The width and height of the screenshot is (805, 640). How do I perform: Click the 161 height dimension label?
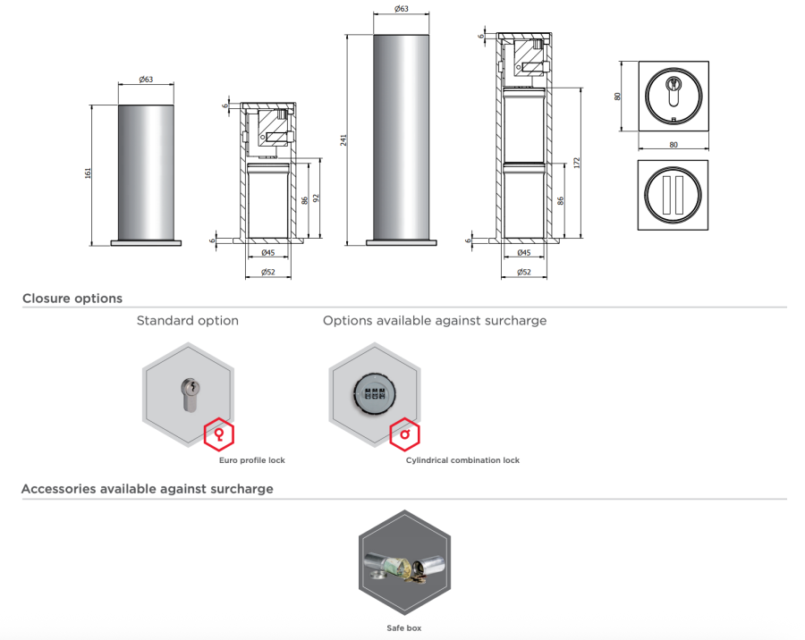click(x=88, y=173)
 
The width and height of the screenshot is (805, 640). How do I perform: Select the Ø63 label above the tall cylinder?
click(x=402, y=9)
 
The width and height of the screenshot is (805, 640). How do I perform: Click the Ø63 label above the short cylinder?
click(x=146, y=80)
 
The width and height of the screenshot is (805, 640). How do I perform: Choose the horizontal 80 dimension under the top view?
click(x=673, y=144)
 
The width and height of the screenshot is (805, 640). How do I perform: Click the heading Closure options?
click(x=72, y=299)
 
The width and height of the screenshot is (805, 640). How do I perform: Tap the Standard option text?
click(x=187, y=320)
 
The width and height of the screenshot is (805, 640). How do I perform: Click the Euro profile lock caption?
click(x=252, y=460)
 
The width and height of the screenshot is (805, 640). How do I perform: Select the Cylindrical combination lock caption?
click(x=462, y=460)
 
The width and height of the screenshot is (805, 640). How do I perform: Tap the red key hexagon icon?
click(x=218, y=435)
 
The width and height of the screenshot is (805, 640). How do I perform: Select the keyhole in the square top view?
click(x=673, y=90)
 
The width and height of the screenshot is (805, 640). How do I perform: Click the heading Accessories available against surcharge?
click(x=147, y=489)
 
